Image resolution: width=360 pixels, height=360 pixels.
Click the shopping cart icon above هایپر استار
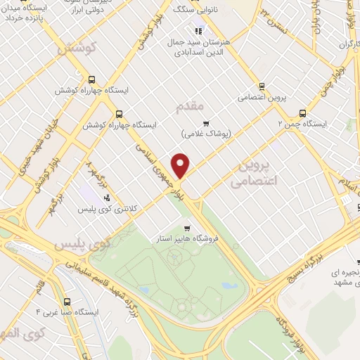coord(187,229)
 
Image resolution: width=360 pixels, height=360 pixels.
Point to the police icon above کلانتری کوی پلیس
coord(106,198)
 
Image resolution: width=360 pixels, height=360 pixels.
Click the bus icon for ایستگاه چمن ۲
coord(303,112)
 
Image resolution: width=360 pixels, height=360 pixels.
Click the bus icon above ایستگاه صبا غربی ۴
coord(67,299)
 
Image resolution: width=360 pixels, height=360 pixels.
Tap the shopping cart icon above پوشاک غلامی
coord(206,123)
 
